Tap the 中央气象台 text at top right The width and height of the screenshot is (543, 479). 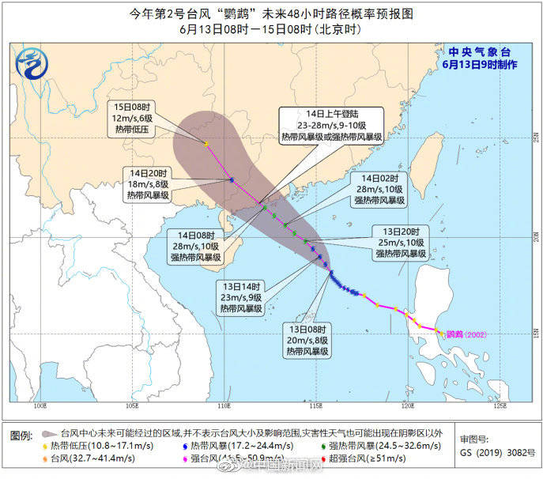[x=473, y=52]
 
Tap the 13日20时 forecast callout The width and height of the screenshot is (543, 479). [x=400, y=243]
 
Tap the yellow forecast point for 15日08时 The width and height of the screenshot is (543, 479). [x=206, y=144]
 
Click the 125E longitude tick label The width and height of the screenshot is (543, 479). [x=499, y=408]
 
